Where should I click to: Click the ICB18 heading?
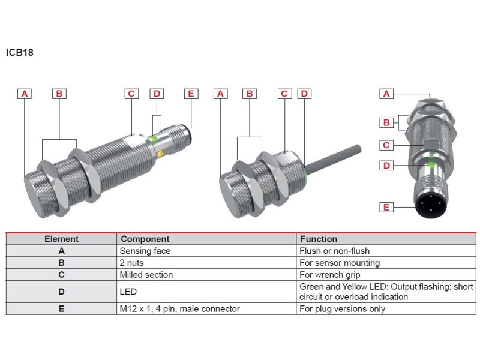(x=20, y=52)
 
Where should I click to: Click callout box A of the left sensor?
(x=25, y=94)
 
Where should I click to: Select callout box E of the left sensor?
(x=191, y=94)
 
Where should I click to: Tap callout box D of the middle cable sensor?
(x=304, y=94)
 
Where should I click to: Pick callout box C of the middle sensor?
(x=285, y=94)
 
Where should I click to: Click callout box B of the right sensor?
(x=387, y=123)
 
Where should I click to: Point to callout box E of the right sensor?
(x=387, y=208)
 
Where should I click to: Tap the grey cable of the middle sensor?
(x=336, y=155)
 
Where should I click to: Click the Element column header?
(x=61, y=239)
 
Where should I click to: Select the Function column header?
(x=319, y=239)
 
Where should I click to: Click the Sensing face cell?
(x=145, y=251)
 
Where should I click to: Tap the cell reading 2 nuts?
(x=132, y=263)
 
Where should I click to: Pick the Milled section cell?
(x=146, y=275)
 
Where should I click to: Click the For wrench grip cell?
(x=330, y=275)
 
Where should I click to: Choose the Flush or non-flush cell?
(x=335, y=251)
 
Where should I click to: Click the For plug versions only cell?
(x=343, y=309)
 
